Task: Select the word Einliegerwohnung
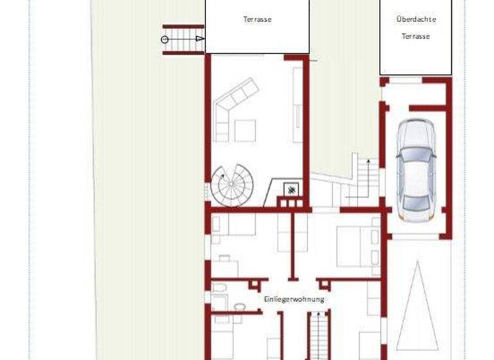294,299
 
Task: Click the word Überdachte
416,19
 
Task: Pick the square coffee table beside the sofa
245,130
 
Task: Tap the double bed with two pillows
357,247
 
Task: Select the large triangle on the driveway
417,306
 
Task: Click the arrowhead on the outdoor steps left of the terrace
200,39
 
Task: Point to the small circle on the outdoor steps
165,39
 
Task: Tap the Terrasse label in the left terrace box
257,19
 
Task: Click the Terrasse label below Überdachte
416,37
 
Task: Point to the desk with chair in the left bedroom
224,264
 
